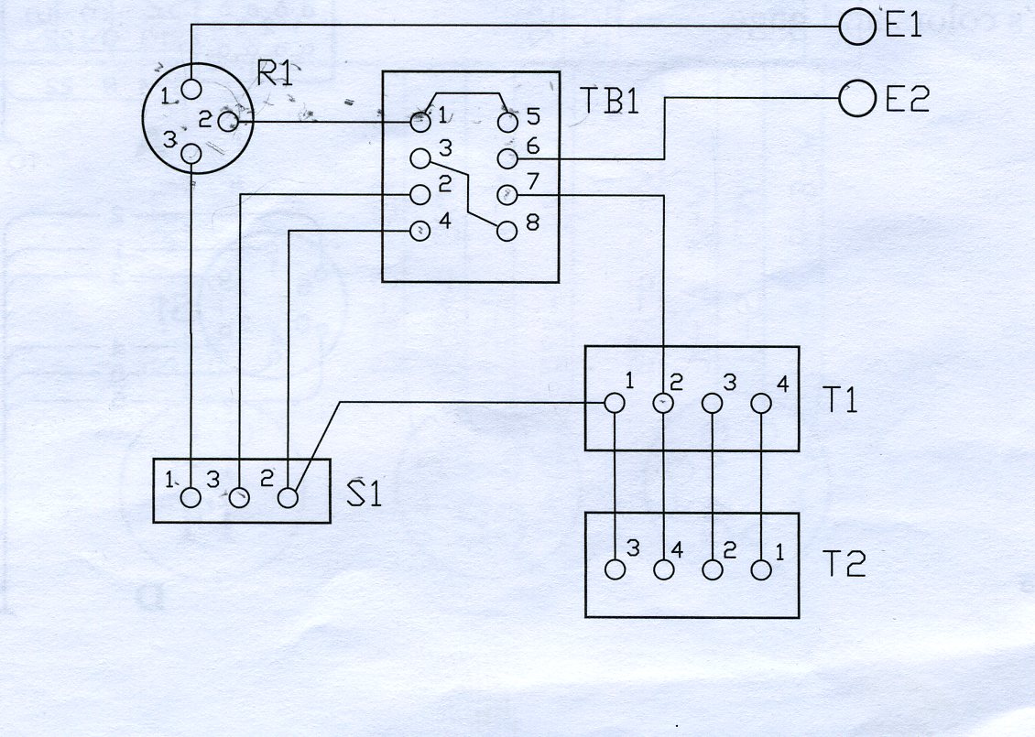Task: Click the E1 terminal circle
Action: [x=855, y=27]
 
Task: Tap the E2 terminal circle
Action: [x=856, y=98]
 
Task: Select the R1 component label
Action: [x=274, y=74]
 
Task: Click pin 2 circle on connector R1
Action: [x=230, y=120]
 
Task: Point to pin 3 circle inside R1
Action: [x=191, y=153]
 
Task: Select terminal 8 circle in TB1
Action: [x=507, y=231]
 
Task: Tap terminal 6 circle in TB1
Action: [x=507, y=158]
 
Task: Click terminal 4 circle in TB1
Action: [x=419, y=231]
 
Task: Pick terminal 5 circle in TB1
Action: [x=507, y=121]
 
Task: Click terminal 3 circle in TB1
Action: [x=419, y=158]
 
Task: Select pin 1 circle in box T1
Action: [x=615, y=402]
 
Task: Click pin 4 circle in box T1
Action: [x=761, y=402]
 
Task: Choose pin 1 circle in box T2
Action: [x=761, y=569]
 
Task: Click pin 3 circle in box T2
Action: [x=615, y=569]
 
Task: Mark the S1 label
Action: [x=364, y=493]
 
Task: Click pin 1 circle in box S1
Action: [x=191, y=497]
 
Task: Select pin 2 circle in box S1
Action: [x=288, y=497]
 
